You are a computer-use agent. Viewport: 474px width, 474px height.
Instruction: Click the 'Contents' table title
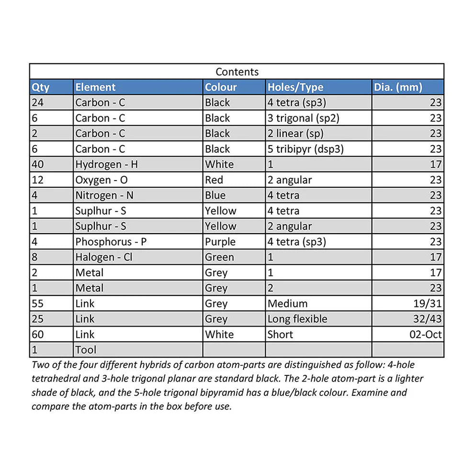[x=237, y=72]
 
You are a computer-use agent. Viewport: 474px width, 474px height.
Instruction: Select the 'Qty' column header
[x=40, y=87]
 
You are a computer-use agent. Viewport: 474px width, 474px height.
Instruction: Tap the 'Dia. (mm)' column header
[x=398, y=87]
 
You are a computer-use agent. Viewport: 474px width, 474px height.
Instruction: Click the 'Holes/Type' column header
[x=295, y=87]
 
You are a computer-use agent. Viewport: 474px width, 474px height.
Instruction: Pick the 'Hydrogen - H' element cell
[x=106, y=164]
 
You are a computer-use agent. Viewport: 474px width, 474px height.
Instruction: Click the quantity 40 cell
[x=38, y=164]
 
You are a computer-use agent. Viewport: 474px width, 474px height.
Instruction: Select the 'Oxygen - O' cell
[x=101, y=180]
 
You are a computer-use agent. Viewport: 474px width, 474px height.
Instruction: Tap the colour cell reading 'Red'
[x=214, y=180]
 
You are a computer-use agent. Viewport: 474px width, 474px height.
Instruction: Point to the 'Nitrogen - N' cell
[x=105, y=195]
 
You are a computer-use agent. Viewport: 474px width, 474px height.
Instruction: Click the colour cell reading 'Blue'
[x=215, y=195]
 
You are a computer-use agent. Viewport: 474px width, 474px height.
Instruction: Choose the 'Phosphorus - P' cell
[x=111, y=242]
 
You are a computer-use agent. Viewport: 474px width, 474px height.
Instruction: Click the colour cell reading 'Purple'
[x=220, y=242]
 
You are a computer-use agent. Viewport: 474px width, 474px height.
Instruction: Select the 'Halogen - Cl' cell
[x=103, y=257]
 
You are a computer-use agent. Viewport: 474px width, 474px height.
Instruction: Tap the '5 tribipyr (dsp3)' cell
[x=305, y=149]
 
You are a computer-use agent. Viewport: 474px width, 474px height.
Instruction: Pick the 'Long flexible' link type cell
[x=297, y=319]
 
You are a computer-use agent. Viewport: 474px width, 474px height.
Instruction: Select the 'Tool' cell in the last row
[x=86, y=350]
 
